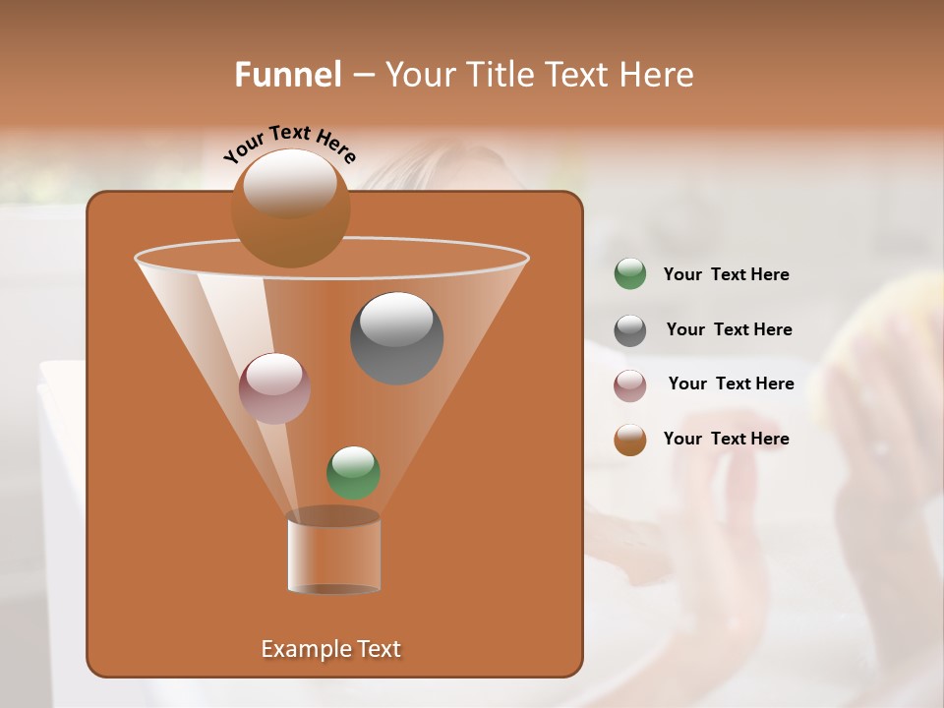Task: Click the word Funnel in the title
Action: [287, 75]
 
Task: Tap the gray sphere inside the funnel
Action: [396, 338]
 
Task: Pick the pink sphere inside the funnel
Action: [275, 387]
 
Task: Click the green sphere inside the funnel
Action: [353, 472]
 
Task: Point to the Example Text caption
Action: [331, 649]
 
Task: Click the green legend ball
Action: [630, 273]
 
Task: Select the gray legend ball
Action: [630, 330]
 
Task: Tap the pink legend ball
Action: [630, 385]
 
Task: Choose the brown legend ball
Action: [630, 440]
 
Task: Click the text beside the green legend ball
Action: [727, 274]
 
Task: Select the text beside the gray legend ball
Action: [729, 329]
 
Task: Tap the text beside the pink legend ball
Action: [731, 383]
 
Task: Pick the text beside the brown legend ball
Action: [727, 439]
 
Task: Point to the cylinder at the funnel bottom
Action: [333, 553]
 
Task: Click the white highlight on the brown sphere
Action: [290, 182]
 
